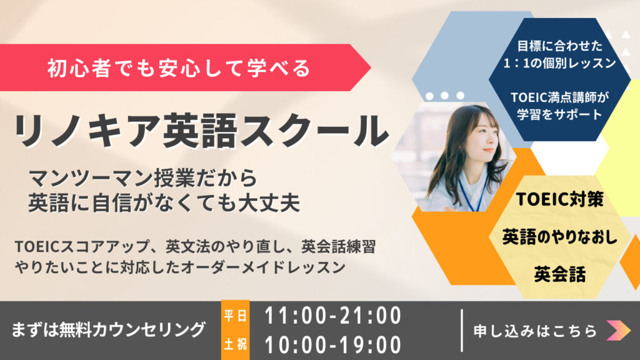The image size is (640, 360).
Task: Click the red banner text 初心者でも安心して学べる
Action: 179,67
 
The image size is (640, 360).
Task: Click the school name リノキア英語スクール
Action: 201,131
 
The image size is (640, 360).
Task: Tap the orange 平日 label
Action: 235,316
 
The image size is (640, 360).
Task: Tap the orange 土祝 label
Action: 235,344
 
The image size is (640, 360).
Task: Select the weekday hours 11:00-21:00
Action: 333,316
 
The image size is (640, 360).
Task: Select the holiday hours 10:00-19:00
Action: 333,345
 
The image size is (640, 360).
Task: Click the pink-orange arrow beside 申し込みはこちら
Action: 618,330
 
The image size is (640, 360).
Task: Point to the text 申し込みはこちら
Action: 535,331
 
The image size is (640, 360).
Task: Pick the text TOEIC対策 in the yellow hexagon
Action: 559,199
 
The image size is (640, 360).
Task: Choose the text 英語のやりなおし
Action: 559,237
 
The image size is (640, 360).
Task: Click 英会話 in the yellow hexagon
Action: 559,274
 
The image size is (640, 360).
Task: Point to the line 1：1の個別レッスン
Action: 559,63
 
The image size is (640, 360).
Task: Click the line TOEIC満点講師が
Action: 559,97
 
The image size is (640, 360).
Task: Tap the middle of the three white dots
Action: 444,96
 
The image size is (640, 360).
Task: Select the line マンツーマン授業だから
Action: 143,178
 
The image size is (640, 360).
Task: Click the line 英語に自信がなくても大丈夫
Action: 164,203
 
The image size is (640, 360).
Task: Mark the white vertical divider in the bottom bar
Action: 462,331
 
